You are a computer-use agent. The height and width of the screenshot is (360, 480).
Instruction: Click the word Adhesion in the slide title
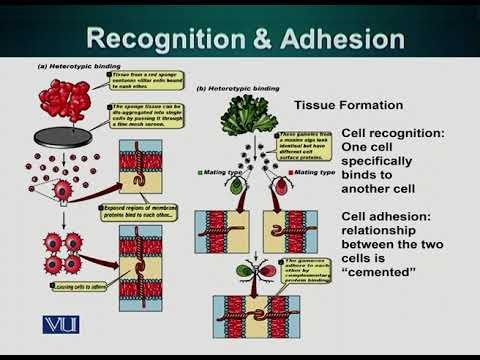(340, 39)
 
